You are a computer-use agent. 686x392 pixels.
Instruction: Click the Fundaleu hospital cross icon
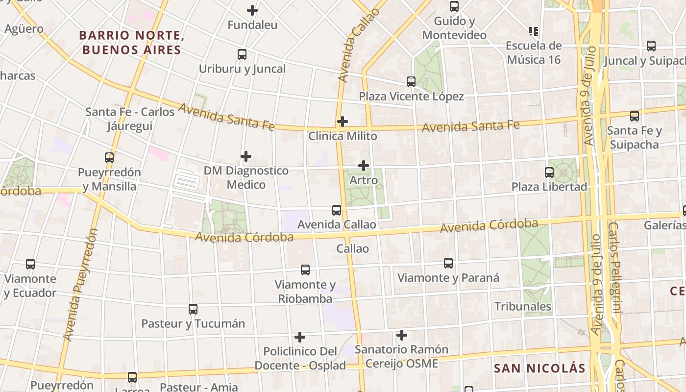click(252, 10)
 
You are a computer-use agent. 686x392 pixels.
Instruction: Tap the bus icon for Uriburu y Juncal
click(242, 54)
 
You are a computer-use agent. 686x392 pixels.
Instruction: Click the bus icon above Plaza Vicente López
click(411, 82)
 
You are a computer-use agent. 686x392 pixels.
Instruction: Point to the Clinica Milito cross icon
click(343, 122)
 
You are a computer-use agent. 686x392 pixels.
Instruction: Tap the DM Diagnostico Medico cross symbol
click(246, 156)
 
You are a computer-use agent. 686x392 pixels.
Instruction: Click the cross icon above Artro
click(364, 166)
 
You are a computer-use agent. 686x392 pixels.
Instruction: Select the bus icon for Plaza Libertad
click(549, 172)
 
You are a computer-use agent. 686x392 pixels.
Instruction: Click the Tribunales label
click(523, 307)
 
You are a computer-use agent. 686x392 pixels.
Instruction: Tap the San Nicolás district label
click(539, 368)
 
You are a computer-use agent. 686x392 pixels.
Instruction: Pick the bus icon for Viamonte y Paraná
click(448, 263)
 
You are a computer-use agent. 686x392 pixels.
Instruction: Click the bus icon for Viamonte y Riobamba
click(305, 270)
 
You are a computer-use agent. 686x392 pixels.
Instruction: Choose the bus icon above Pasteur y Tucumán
click(193, 309)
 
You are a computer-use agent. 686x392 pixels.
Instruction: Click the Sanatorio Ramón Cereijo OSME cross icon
click(402, 335)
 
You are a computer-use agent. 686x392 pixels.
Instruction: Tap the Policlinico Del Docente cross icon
click(300, 337)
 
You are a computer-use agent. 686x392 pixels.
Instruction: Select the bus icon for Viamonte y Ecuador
click(30, 264)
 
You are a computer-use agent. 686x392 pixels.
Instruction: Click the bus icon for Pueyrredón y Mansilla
click(109, 158)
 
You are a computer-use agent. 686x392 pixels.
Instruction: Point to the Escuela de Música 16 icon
click(534, 31)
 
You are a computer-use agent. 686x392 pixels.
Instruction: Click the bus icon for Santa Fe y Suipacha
click(635, 116)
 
